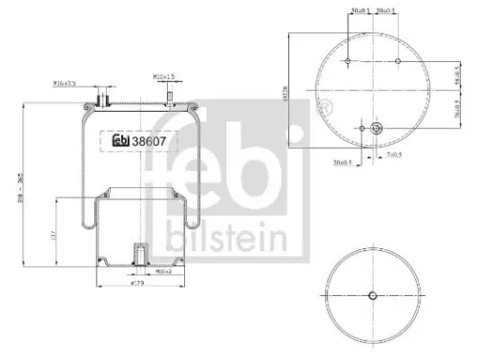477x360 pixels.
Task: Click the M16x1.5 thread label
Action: pyautogui.click(x=65, y=84)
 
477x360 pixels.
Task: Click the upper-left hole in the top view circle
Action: pyautogui.click(x=349, y=63)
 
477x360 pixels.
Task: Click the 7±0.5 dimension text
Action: pyautogui.click(x=393, y=153)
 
